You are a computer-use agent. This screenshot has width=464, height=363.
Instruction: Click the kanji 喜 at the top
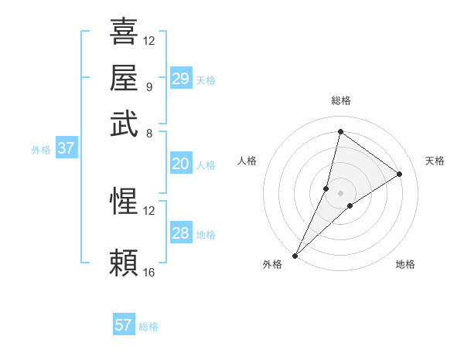point(124,32)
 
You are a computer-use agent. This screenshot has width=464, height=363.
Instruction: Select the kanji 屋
point(124,77)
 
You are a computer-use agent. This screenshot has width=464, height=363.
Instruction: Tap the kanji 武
point(124,123)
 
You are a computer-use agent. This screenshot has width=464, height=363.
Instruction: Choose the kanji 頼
point(124,263)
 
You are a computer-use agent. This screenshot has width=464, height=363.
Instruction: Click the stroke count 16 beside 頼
point(149,272)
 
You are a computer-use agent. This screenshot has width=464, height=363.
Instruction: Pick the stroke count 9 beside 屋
point(148,86)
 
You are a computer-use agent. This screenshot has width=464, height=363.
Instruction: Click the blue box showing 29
point(181,79)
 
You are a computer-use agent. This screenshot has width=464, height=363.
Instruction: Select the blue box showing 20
point(181,164)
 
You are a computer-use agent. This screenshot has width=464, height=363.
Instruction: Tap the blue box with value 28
point(181,233)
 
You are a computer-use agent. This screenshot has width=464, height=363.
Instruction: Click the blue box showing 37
point(66,149)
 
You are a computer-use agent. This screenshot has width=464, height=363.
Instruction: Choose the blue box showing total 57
point(124,325)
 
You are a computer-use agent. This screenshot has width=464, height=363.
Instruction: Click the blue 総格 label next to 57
point(148,327)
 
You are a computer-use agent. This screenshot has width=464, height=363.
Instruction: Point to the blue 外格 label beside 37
point(41,150)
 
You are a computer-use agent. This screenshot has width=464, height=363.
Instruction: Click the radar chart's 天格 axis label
point(435,161)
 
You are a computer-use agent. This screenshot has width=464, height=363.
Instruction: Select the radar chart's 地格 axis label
point(405,264)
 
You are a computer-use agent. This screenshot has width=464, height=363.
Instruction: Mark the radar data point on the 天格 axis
point(399,174)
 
